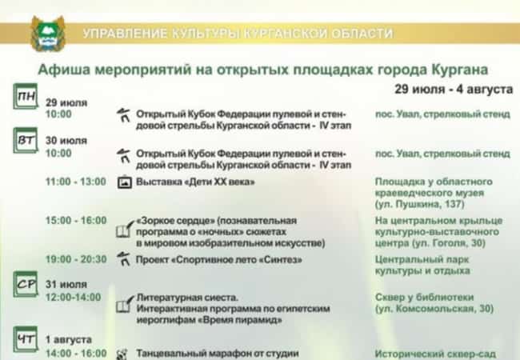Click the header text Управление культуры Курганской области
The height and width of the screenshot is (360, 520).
[238, 34]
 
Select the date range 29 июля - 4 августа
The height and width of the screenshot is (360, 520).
[452, 86]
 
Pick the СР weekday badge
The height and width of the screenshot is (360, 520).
[26, 284]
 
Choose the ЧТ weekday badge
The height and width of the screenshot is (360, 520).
[26, 340]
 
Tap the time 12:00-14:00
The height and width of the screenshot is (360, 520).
[74, 297]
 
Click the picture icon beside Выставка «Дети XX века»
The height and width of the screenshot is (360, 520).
[124, 182]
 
